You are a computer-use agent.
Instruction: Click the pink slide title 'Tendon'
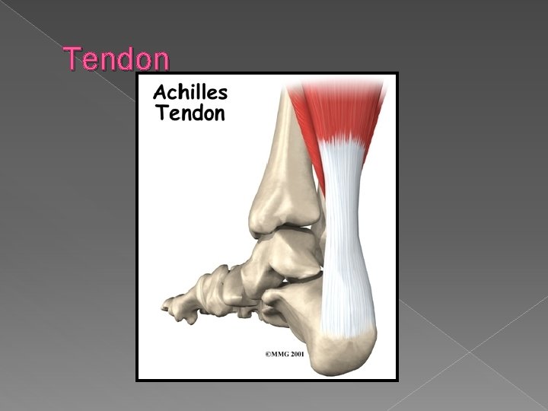[x=116, y=59]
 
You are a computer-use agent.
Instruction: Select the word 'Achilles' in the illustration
[x=190, y=93]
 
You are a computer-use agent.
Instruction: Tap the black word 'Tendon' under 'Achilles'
[x=190, y=113]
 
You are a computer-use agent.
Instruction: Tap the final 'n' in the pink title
[x=161, y=59]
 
